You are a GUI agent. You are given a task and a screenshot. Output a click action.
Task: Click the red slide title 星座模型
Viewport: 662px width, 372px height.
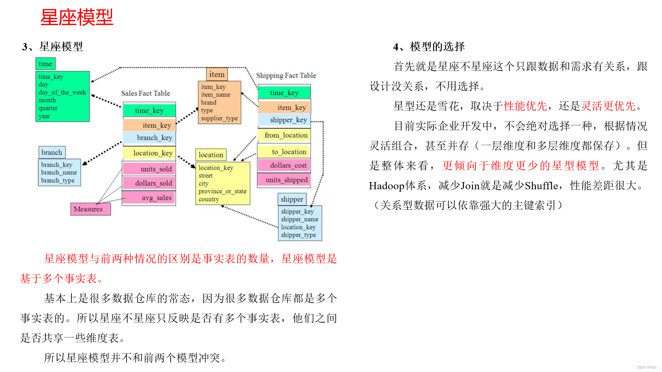pyautogui.click(x=77, y=17)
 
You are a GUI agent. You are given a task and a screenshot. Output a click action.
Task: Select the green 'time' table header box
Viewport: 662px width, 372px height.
pyautogui.click(x=46, y=64)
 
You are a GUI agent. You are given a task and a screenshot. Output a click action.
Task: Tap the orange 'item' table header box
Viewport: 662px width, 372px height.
pyautogui.click(x=217, y=74)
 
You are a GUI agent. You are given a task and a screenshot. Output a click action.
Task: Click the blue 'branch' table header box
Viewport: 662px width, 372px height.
pyautogui.click(x=52, y=152)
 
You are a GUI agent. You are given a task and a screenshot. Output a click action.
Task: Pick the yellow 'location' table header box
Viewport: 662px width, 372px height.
pyautogui.click(x=211, y=155)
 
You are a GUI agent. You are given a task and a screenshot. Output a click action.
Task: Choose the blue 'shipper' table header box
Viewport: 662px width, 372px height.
pyautogui.click(x=292, y=199)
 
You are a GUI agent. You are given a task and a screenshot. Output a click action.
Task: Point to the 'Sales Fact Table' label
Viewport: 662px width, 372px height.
pyautogui.click(x=146, y=93)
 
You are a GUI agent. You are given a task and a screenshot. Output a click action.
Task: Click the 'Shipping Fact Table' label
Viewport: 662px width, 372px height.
pyautogui.click(x=286, y=75)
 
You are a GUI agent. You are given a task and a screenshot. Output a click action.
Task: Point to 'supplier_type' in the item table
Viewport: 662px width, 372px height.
pyautogui.click(x=219, y=118)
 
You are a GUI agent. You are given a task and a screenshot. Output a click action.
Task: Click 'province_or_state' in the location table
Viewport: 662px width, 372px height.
pyautogui.click(x=222, y=191)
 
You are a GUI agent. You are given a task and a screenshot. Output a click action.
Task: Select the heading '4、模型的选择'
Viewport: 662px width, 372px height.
pyautogui.click(x=429, y=46)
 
